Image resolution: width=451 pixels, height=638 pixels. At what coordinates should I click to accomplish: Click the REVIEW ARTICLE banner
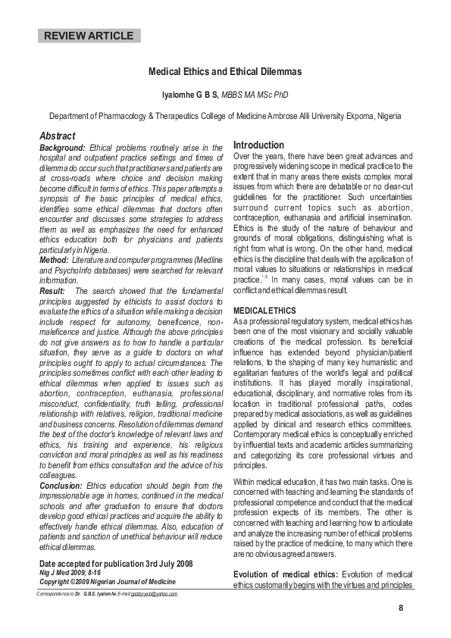89,36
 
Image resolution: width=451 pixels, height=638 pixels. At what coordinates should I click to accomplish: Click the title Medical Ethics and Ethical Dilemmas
224,72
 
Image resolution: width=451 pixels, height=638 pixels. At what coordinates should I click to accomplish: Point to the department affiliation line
225,117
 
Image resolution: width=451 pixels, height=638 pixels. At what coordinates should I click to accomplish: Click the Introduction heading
258,145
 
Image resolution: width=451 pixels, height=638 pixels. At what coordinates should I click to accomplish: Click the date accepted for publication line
116,564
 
